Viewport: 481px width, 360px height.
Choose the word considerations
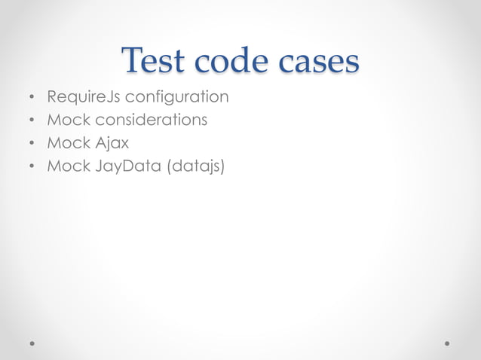coord(153,120)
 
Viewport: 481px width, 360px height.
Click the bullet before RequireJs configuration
coord(31,99)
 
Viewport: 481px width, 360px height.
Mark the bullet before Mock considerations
coord(31,121)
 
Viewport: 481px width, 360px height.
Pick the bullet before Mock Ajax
coord(31,142)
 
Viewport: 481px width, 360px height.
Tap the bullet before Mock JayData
coord(31,165)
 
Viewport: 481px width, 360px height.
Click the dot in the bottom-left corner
coord(32,342)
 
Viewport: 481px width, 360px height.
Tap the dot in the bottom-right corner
coord(448,342)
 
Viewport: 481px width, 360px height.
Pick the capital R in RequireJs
coord(52,98)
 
